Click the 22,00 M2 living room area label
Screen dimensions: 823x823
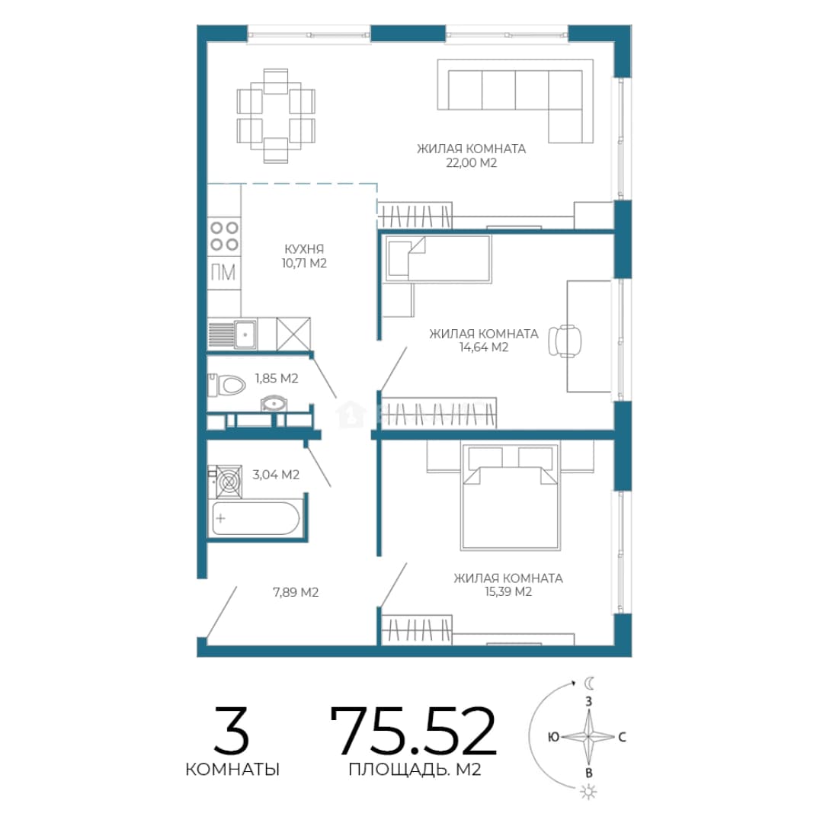click(x=472, y=163)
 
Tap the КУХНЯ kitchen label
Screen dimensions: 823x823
click(x=304, y=248)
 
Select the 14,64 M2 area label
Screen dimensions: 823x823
click(x=484, y=347)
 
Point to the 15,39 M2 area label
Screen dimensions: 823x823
click(x=508, y=591)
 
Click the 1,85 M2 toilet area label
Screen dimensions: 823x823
click(x=277, y=378)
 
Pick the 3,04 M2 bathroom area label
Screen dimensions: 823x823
click(x=276, y=475)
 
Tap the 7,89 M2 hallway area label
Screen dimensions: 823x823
click(x=296, y=592)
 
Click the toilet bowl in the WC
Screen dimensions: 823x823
click(x=227, y=385)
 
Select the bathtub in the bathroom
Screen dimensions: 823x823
click(x=255, y=518)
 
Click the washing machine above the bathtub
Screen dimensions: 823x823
click(x=225, y=482)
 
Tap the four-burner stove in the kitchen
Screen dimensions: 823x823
click(x=224, y=236)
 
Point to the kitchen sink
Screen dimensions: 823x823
click(x=245, y=335)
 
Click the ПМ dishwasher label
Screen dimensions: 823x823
click(x=223, y=272)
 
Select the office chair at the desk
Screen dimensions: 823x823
click(x=565, y=341)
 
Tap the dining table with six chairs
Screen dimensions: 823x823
click(x=276, y=116)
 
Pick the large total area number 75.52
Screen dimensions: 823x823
click(x=413, y=730)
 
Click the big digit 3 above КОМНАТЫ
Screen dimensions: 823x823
click(x=231, y=730)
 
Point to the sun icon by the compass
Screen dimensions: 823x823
click(x=589, y=792)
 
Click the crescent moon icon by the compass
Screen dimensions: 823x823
click(x=590, y=683)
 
